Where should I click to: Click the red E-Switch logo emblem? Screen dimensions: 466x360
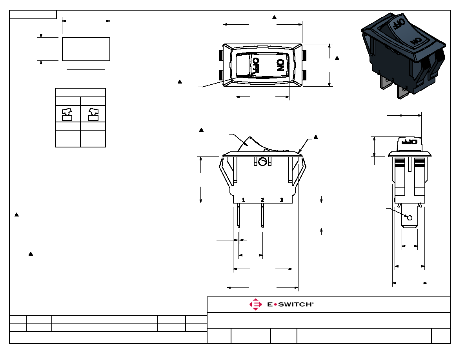[256, 304]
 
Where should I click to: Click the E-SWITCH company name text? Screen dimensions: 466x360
[290, 304]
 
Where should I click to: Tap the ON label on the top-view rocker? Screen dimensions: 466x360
[280, 65]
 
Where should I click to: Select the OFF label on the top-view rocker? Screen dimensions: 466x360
[255, 65]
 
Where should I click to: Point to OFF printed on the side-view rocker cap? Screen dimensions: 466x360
[410, 142]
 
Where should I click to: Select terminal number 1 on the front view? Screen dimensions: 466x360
[243, 200]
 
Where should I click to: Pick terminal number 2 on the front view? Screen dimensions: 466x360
[262, 200]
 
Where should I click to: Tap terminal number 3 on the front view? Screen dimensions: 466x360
[282, 200]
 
